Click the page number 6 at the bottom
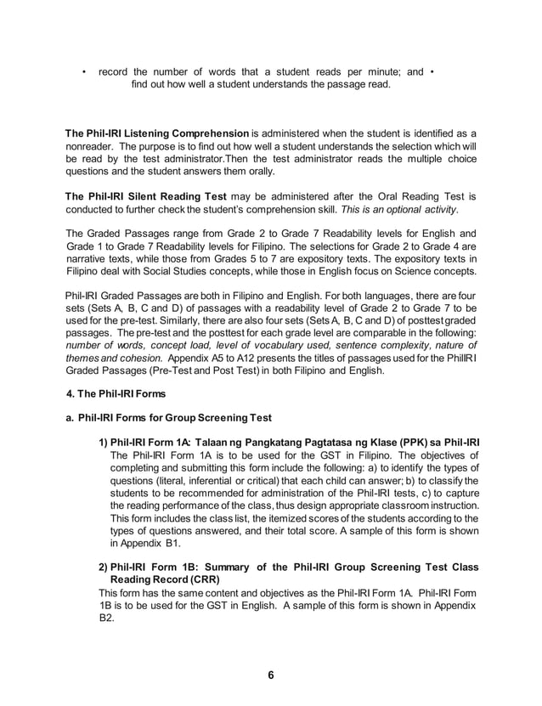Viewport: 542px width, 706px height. tap(271, 675)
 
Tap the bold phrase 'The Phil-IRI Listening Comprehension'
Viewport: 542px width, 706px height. tap(157, 134)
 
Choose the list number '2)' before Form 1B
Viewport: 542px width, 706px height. tap(103, 566)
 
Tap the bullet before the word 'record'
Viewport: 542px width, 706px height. tap(83, 71)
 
